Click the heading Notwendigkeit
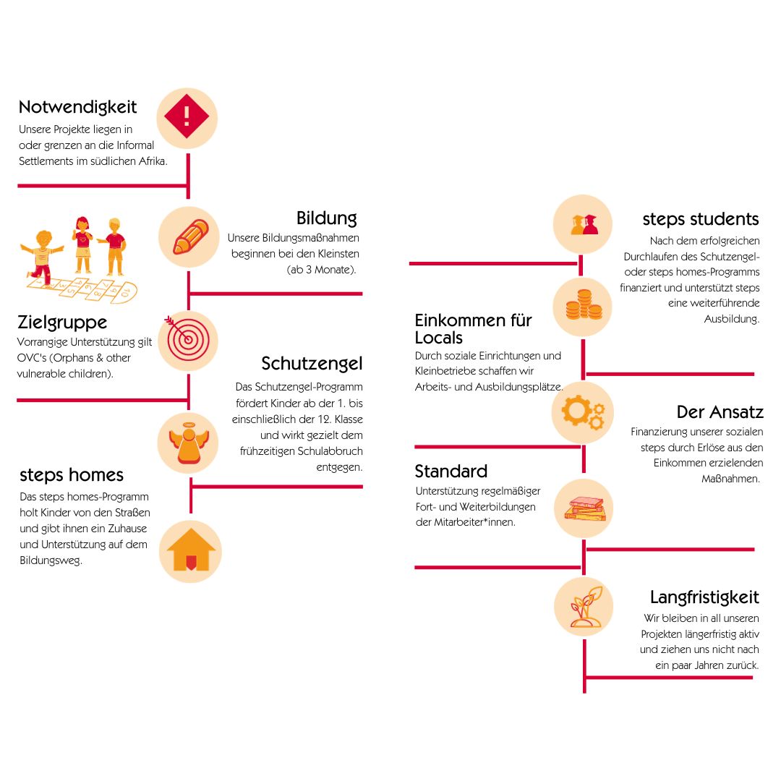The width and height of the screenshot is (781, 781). (77, 107)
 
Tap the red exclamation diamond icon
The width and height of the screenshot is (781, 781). (187, 116)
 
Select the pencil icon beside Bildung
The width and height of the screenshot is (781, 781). (189, 236)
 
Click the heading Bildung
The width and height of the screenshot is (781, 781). (326, 218)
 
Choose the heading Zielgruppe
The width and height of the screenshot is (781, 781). (62, 322)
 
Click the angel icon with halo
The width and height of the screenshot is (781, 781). (187, 443)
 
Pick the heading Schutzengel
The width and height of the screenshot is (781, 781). (312, 363)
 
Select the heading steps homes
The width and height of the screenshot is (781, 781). (72, 475)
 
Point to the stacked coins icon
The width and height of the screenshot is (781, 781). (584, 307)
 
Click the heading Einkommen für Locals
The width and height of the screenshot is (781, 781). (473, 328)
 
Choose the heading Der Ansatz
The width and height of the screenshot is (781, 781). (720, 412)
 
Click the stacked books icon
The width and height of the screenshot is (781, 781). (584, 508)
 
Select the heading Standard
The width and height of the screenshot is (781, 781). (451, 471)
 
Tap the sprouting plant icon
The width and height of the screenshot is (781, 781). (584, 607)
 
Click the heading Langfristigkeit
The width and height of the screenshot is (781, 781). (704, 597)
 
